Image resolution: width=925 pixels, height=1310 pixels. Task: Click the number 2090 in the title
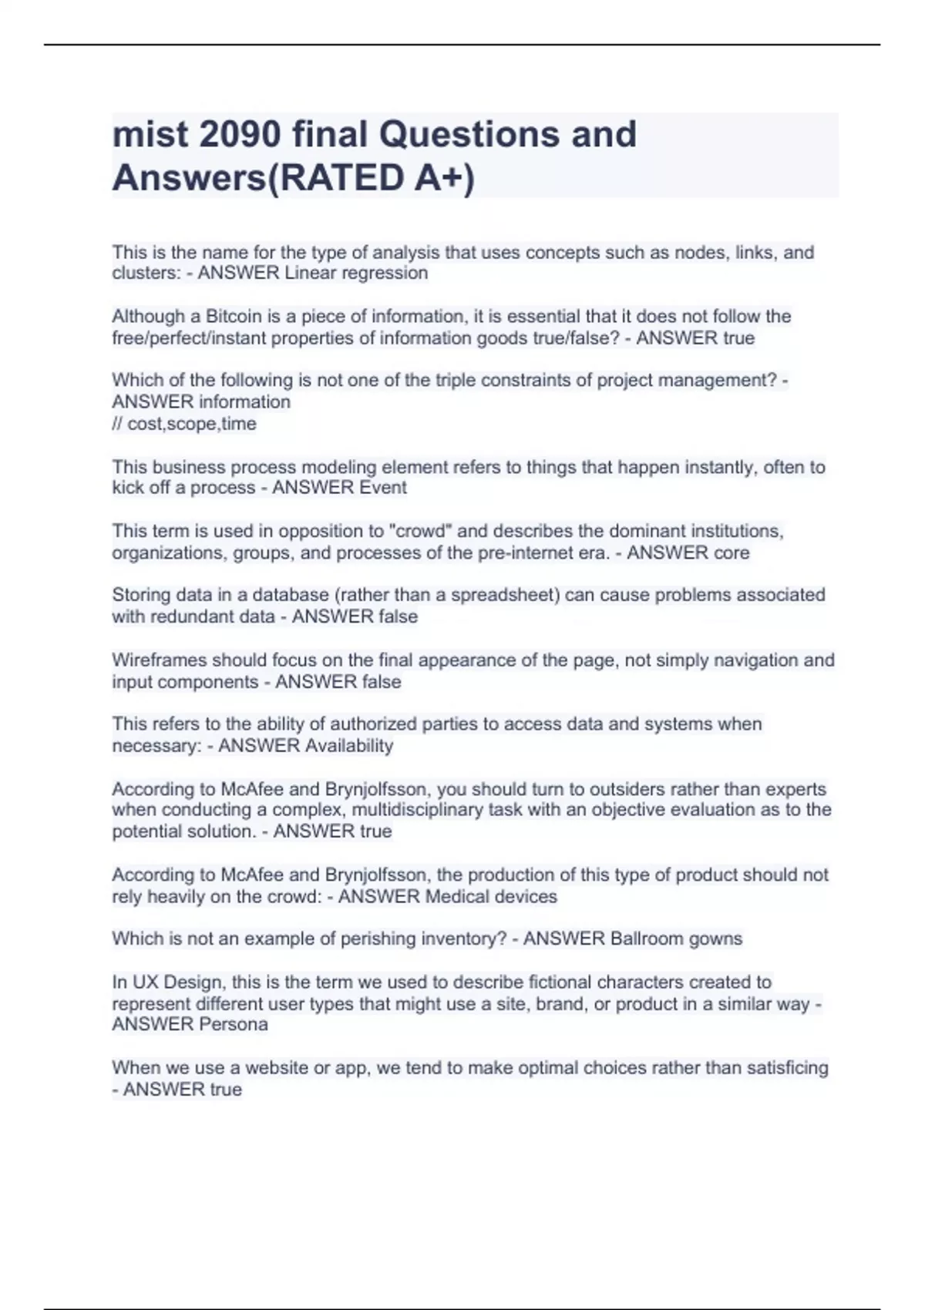(x=240, y=135)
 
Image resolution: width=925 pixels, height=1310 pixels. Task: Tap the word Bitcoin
(x=234, y=317)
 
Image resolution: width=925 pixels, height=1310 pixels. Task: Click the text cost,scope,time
(x=192, y=424)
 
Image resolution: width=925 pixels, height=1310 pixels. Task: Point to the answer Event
(x=378, y=488)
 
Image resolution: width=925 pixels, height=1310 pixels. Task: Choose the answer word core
(x=732, y=553)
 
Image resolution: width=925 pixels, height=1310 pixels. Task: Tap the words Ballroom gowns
(x=676, y=939)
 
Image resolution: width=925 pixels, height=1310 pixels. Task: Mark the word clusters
(x=146, y=273)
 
